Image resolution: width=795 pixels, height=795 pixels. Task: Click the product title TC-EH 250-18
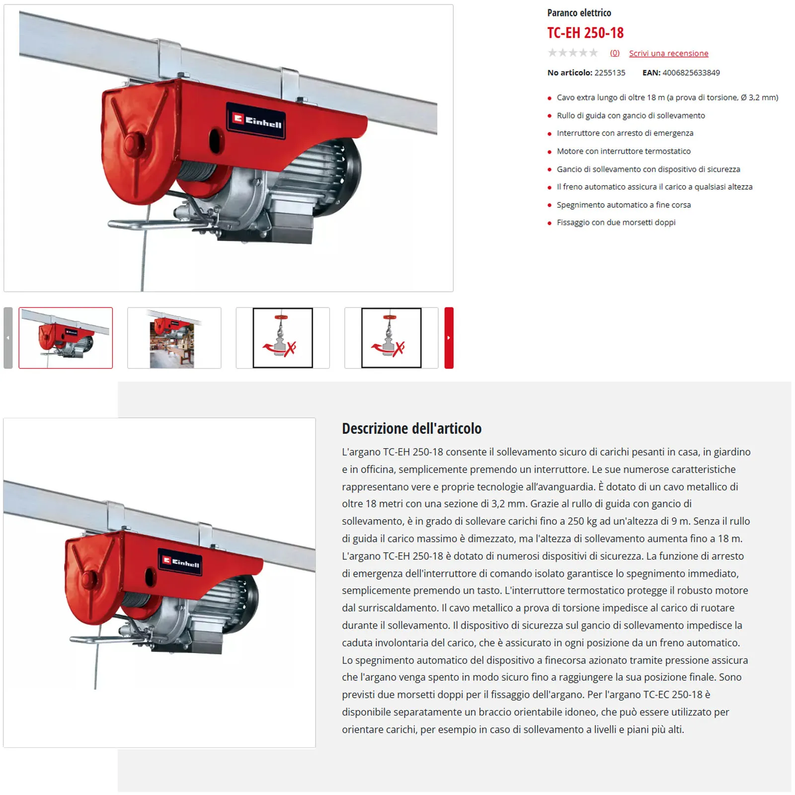pos(585,33)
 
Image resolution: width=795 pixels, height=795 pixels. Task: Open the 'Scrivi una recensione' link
pos(668,53)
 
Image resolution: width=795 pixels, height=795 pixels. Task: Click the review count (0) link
pos(615,53)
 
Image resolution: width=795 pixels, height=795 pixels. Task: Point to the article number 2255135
pos(610,73)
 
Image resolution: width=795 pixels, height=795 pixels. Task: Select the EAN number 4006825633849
pos(691,73)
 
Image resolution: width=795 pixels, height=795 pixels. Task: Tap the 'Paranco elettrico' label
pos(579,13)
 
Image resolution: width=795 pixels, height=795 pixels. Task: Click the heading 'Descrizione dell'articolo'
pos(411,428)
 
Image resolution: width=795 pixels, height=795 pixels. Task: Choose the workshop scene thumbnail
pos(174,338)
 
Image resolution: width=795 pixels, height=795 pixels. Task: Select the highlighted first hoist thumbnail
pos(66,338)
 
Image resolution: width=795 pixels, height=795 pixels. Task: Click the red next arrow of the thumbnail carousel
pos(449,338)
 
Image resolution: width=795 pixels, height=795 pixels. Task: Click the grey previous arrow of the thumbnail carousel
pos(8,338)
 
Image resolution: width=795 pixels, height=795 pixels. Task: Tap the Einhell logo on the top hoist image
pos(257,121)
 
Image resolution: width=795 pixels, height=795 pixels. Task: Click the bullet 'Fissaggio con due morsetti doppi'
pos(616,223)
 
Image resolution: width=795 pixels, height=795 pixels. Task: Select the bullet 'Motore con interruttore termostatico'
pos(624,151)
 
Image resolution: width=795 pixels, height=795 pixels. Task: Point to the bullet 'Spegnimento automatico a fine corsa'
pos(624,205)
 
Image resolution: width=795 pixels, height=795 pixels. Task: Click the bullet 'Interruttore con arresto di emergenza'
pos(625,133)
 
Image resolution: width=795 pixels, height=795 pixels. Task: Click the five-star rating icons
pos(573,53)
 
